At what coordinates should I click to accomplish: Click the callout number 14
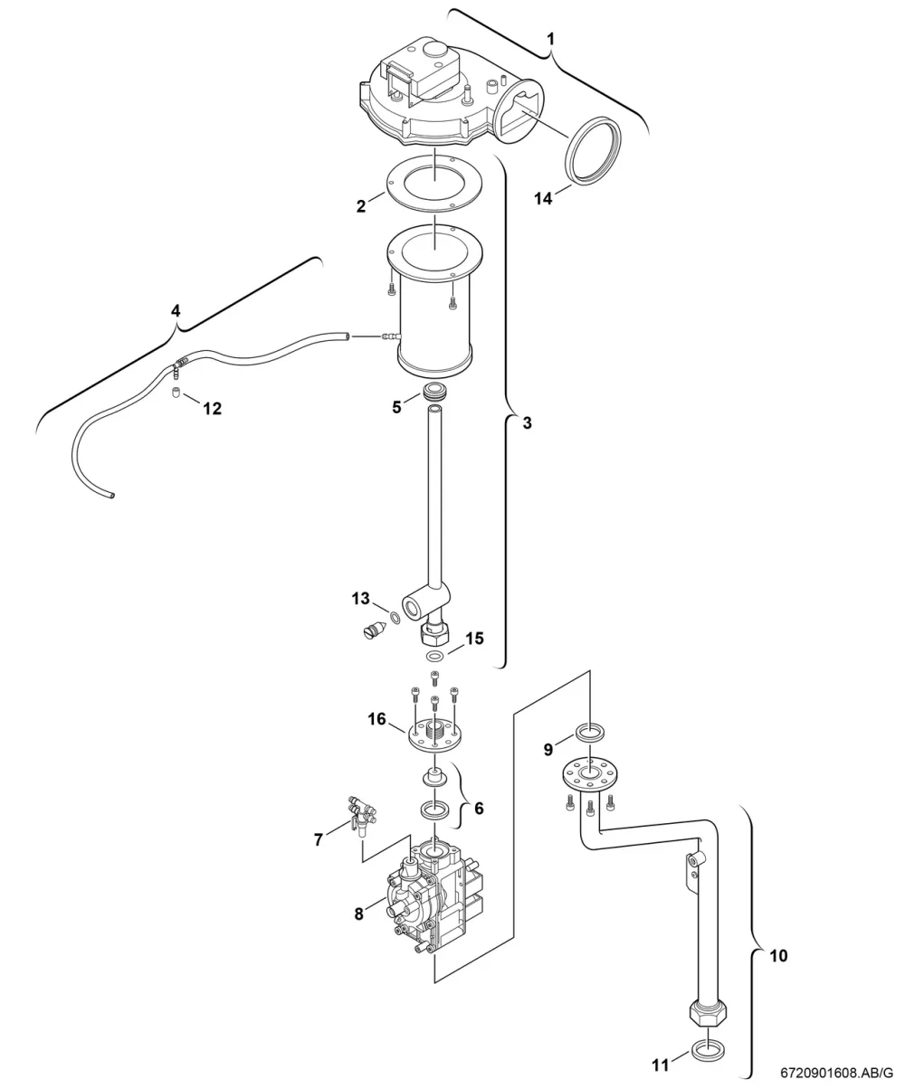[x=543, y=198]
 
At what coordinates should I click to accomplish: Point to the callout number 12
[x=213, y=409]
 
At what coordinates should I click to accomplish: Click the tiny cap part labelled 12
[x=176, y=393]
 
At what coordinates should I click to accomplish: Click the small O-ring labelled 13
[x=395, y=619]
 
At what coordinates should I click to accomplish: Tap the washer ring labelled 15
[x=435, y=655]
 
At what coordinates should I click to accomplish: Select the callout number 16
[x=376, y=719]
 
